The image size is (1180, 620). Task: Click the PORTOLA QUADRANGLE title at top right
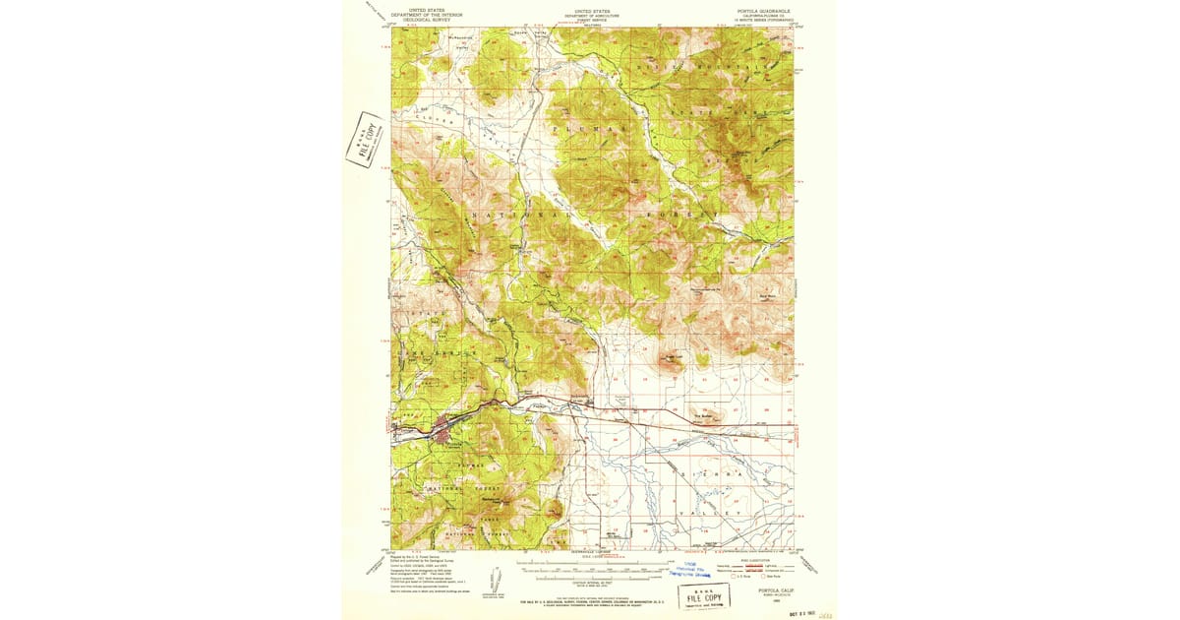point(758,11)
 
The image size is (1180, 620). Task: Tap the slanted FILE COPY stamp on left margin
point(365,140)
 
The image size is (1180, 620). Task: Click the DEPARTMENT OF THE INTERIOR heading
point(426,15)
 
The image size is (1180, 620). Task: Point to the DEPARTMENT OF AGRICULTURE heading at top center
point(592,15)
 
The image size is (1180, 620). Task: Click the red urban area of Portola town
point(442,430)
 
